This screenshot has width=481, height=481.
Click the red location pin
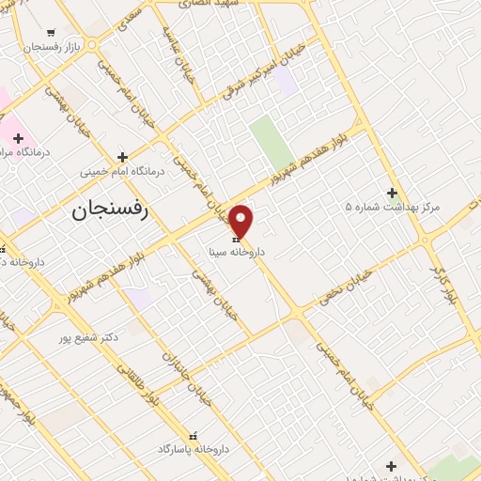point(241,221)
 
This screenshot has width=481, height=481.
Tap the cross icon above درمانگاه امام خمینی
point(123,157)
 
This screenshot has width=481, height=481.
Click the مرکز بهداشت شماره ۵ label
point(393,206)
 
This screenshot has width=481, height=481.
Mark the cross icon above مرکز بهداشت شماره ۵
point(392,192)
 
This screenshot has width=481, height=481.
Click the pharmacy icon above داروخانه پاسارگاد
point(194,436)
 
